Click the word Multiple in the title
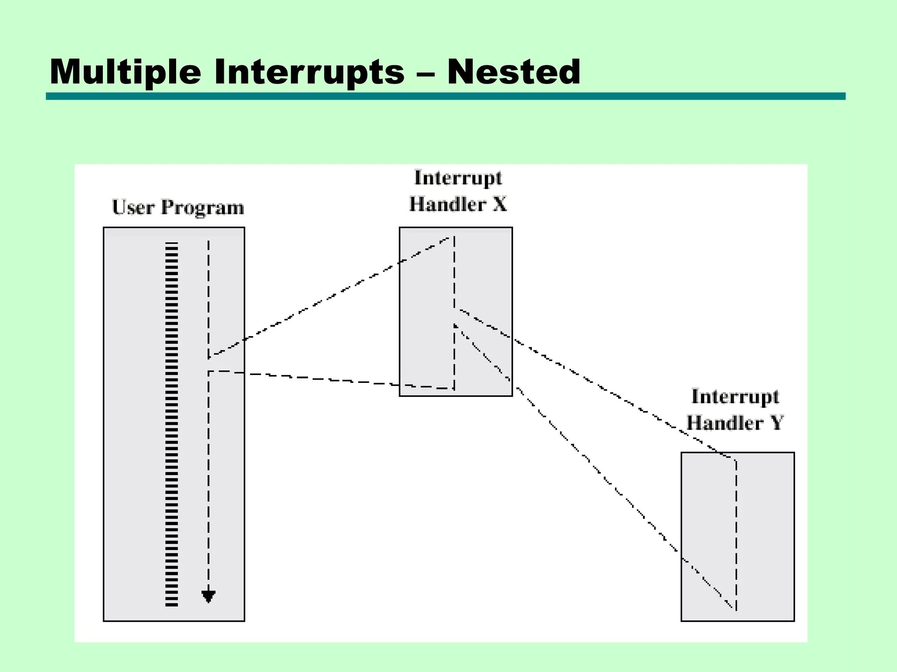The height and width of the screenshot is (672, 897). (x=125, y=72)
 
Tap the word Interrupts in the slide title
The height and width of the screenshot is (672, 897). (x=309, y=72)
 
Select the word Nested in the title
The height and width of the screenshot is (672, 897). (x=513, y=72)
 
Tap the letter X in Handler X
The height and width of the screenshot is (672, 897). (x=499, y=204)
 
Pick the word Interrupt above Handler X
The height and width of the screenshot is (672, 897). (x=458, y=178)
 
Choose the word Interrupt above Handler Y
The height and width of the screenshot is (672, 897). (x=735, y=396)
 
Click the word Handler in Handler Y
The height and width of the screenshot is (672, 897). (x=724, y=423)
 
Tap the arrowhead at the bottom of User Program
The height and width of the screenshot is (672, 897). (x=208, y=596)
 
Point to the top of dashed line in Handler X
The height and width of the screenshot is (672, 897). (x=454, y=238)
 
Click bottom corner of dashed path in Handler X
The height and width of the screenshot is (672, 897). (x=454, y=388)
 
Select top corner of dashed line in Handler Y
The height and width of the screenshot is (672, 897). (x=736, y=460)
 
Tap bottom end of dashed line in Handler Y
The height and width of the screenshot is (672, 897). (x=736, y=609)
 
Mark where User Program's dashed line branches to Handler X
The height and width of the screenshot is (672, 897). (x=208, y=357)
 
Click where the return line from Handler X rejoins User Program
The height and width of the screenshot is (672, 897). (x=208, y=372)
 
